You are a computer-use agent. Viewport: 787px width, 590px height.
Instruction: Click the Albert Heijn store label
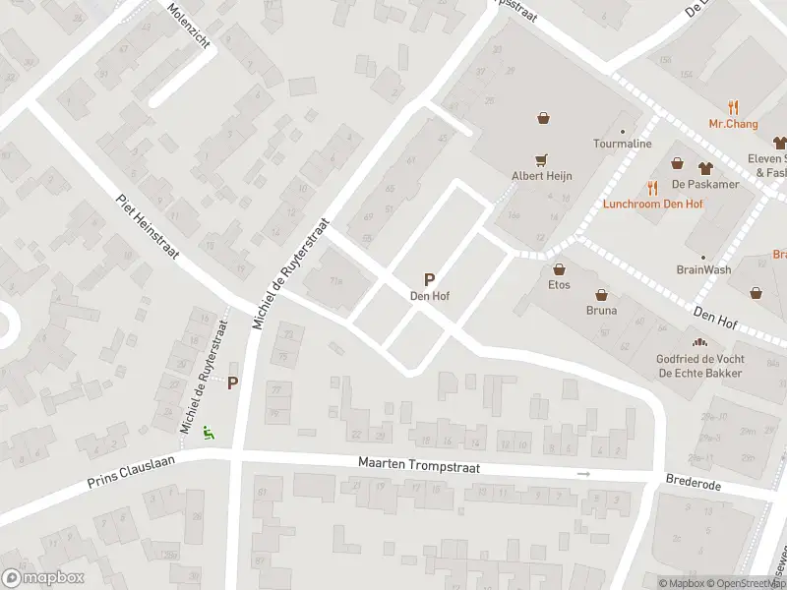click(x=541, y=176)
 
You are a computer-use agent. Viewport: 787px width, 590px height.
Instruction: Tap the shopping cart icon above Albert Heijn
click(x=541, y=159)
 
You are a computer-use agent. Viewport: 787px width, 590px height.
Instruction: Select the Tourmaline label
click(x=622, y=144)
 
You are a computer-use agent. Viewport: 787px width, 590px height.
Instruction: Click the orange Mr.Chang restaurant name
click(x=733, y=124)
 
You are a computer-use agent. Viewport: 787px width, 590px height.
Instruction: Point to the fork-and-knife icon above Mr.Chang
click(x=733, y=107)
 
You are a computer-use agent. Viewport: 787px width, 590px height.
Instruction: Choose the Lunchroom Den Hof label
click(x=652, y=204)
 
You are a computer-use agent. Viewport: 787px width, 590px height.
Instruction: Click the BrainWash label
click(x=703, y=269)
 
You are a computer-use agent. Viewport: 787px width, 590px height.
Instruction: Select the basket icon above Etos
click(x=559, y=269)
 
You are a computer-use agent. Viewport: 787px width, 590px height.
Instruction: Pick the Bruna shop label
click(x=601, y=311)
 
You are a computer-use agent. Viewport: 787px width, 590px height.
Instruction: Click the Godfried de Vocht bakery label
click(x=699, y=366)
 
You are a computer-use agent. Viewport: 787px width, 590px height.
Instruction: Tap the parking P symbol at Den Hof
click(x=429, y=280)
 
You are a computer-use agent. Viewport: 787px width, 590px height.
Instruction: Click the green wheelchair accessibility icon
click(x=209, y=432)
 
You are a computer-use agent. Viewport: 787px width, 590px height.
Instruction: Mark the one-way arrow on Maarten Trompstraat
click(x=583, y=474)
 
